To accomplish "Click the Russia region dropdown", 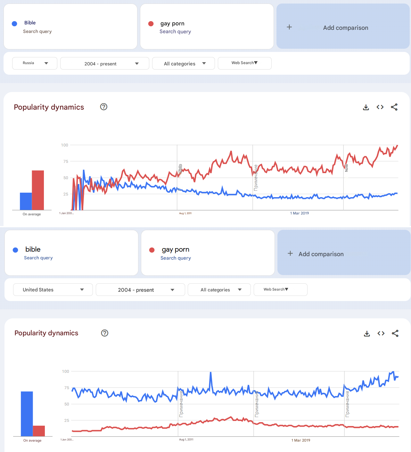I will (35, 63).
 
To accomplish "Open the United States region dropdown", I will (53, 290).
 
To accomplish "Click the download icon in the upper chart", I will (366, 107).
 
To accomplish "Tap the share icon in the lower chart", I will (395, 333).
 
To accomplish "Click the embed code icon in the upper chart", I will (380, 107).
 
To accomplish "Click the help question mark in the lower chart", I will (104, 333).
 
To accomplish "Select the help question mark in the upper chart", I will (103, 107).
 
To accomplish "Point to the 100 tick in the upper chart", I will (64, 145).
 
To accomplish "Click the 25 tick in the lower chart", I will (66, 420).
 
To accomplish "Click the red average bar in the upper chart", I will (38, 190).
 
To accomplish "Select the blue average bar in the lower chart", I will (27, 414).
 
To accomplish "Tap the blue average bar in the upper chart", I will (26, 201).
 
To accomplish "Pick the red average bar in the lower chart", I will (39, 431).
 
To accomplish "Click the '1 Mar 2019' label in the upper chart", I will (300, 213).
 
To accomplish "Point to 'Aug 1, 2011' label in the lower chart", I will (186, 439).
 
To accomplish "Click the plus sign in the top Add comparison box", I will (289, 27).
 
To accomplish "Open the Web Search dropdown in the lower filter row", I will (280, 289).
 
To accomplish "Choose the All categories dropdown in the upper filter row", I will (184, 63).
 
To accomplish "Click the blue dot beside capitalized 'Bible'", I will (14, 23).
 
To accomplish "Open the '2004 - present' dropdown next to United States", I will (140, 290).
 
